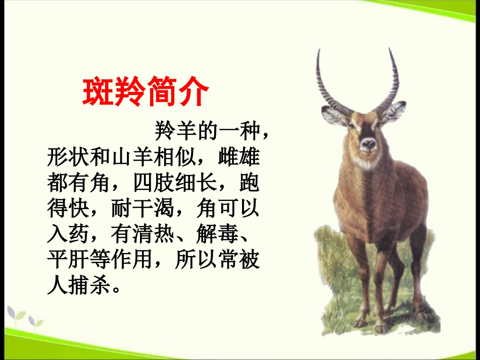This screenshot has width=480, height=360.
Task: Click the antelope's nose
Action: pyautogui.click(x=368, y=144)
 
